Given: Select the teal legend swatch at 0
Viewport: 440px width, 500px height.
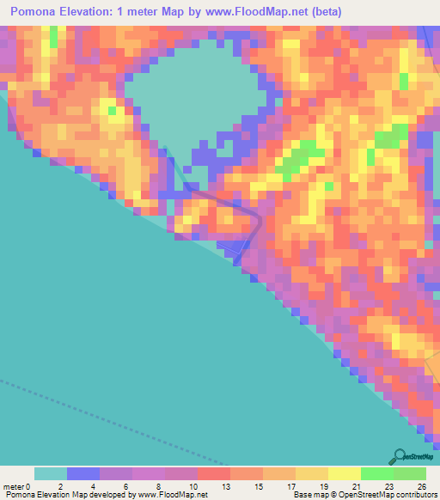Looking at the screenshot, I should click(x=50, y=473).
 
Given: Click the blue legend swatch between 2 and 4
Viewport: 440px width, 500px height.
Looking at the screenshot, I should click(x=83, y=473).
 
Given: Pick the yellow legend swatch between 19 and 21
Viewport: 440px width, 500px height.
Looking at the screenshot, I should click(x=344, y=473).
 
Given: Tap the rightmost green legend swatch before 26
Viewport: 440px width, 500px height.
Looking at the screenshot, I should click(x=409, y=473).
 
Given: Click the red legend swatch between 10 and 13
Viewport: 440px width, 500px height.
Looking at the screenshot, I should click(x=213, y=473).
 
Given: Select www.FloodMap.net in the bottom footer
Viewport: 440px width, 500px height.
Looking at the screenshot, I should click(x=172, y=494).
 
